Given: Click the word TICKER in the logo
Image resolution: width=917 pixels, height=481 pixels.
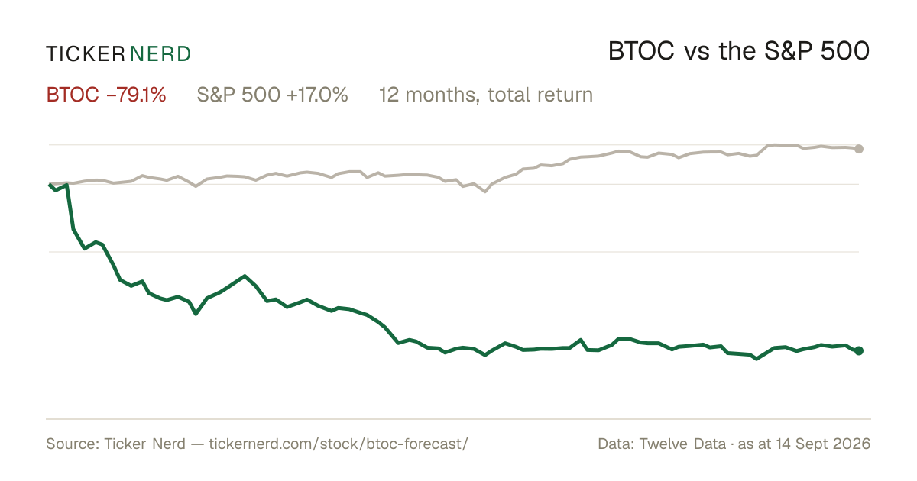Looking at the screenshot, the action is point(85,54).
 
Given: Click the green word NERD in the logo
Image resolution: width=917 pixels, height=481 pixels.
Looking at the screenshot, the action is point(160,54).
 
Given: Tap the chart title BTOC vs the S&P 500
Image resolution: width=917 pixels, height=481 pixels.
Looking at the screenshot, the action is point(739,51).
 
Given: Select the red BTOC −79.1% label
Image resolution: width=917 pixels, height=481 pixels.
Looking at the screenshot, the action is point(106,95).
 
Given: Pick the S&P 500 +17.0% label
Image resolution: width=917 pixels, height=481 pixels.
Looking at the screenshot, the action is point(272,95).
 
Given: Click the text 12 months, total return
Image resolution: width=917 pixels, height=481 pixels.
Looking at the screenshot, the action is point(486,95).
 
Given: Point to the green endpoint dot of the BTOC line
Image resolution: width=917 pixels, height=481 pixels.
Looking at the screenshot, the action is point(859,350).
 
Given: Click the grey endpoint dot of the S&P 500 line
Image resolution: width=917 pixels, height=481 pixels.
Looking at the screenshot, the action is point(859,149).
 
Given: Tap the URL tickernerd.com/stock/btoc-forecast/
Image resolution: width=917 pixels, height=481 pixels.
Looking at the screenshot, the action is point(339,444).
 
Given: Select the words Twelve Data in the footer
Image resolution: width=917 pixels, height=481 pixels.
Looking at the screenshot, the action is point(682,444).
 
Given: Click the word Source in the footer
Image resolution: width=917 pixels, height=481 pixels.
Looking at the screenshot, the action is point(70,444).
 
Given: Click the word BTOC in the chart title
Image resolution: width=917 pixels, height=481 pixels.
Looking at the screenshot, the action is point(641,51).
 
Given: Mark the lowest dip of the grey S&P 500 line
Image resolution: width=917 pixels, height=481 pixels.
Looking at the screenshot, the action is point(485,192).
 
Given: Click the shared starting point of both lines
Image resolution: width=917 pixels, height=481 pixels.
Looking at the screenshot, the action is point(50,185).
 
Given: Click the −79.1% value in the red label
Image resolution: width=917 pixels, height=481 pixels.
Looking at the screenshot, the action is point(136,95).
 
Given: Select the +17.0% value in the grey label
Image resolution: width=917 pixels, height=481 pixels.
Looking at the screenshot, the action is point(317,95).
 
